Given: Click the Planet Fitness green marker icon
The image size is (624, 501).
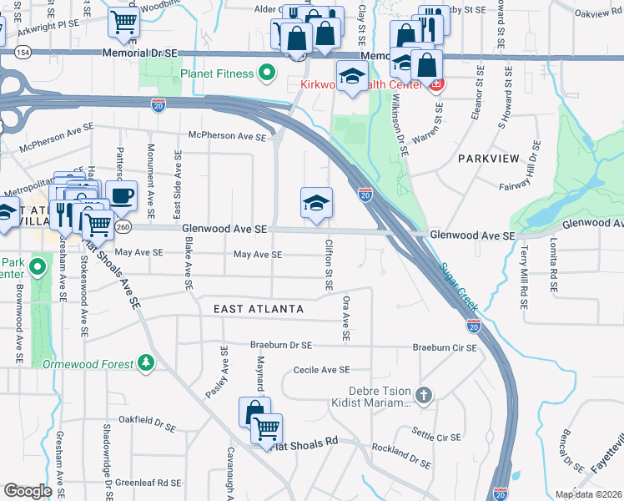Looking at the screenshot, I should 267,73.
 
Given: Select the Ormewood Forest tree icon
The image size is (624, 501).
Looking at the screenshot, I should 146,363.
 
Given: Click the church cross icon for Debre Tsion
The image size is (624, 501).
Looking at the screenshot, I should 424,394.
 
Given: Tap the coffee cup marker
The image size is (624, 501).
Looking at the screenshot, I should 121,195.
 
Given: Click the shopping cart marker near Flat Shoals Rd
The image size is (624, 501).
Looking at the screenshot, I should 267,428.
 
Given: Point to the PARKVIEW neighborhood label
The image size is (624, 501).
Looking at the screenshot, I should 488,158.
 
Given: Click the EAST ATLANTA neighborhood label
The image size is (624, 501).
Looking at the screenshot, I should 259,309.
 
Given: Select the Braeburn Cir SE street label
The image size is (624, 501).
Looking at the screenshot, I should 444,347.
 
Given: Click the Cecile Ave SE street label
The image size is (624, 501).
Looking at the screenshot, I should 320,369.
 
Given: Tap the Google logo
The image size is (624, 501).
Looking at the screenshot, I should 28,491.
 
